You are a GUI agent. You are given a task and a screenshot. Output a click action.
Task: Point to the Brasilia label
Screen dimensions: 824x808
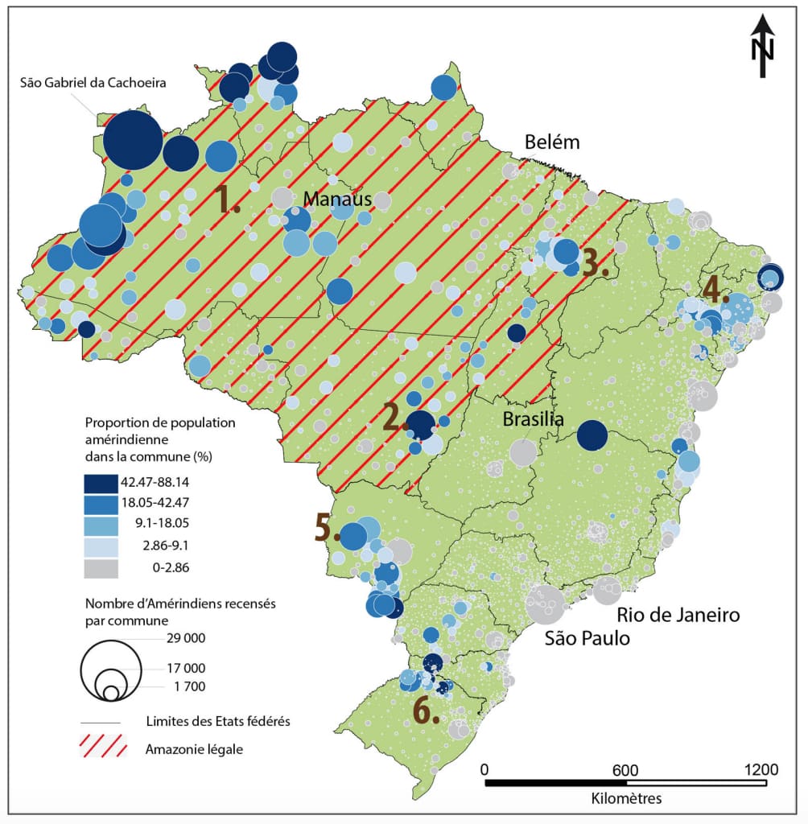(532, 420)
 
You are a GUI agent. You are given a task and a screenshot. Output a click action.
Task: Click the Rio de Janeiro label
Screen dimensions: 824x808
(678, 616)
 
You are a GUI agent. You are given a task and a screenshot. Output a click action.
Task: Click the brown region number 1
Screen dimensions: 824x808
(227, 199)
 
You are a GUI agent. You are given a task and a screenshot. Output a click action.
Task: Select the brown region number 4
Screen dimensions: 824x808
(715, 289)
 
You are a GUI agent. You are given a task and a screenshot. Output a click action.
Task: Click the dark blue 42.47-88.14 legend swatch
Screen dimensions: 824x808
(101, 482)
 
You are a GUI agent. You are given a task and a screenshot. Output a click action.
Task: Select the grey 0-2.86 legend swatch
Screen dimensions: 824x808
(101, 568)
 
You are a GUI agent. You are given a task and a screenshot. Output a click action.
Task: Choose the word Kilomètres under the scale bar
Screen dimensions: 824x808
(626, 799)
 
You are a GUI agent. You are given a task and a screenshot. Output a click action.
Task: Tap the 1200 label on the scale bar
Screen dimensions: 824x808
(761, 768)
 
